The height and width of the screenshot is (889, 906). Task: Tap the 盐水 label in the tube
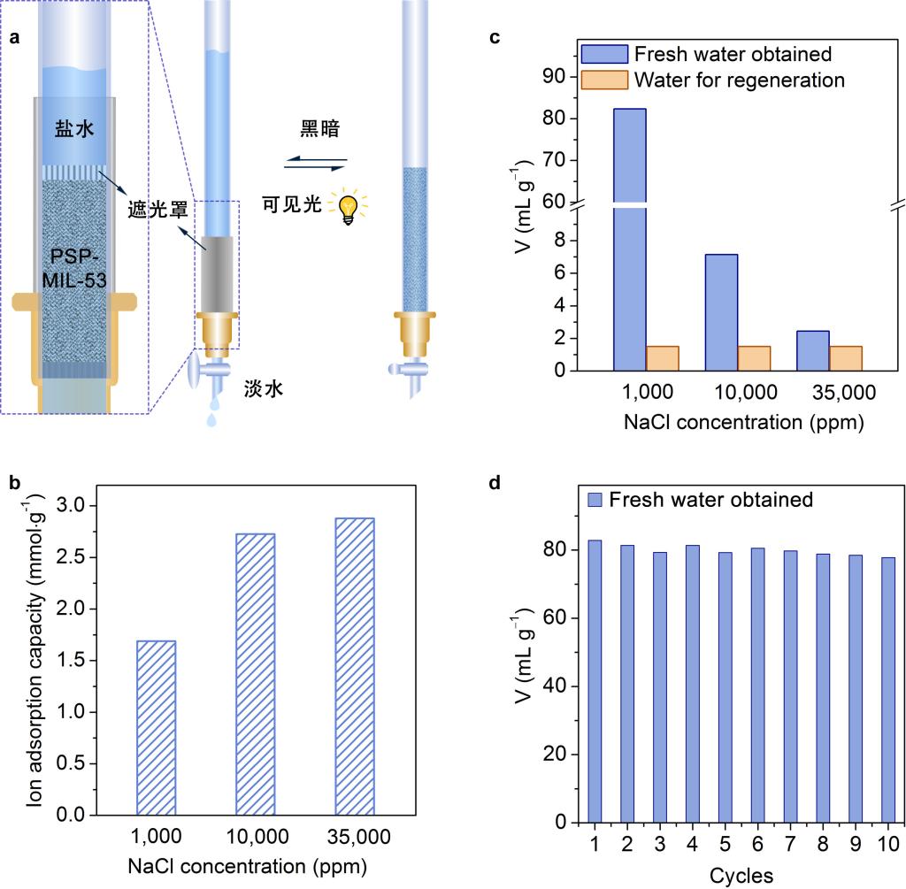73,129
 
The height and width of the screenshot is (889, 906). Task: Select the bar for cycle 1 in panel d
594,681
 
